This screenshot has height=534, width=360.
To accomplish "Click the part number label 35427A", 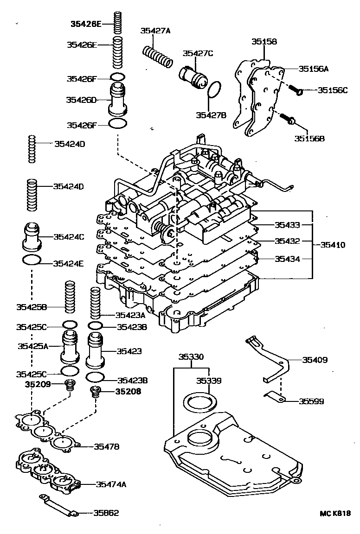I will pyautogui.click(x=155, y=31).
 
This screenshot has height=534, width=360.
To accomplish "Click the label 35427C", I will pyautogui.click(x=197, y=53).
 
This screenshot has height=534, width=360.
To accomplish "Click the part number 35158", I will pyautogui.click(x=264, y=41).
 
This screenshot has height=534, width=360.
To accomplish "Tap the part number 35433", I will pyautogui.click(x=288, y=225).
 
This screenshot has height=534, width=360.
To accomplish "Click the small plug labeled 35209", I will pyautogui.click(x=70, y=384).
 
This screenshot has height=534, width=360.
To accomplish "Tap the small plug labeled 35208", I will pyautogui.click(x=96, y=391).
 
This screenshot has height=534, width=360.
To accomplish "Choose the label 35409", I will pyautogui.click(x=315, y=359).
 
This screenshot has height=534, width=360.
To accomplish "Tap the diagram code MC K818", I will pyautogui.click(x=334, y=513).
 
